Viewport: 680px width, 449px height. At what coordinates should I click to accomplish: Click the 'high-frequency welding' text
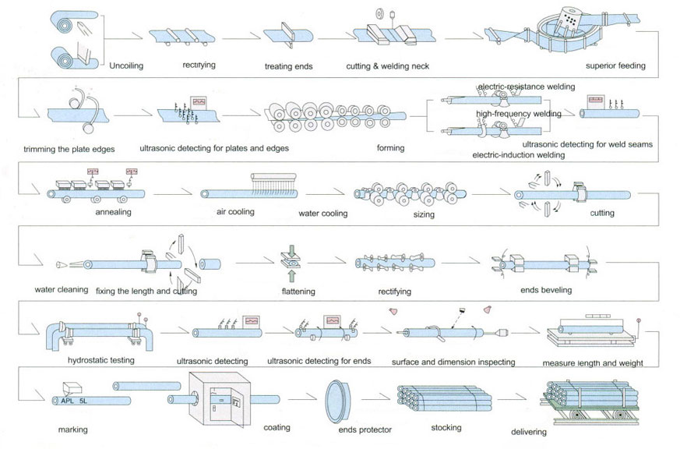click(x=520, y=115)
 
